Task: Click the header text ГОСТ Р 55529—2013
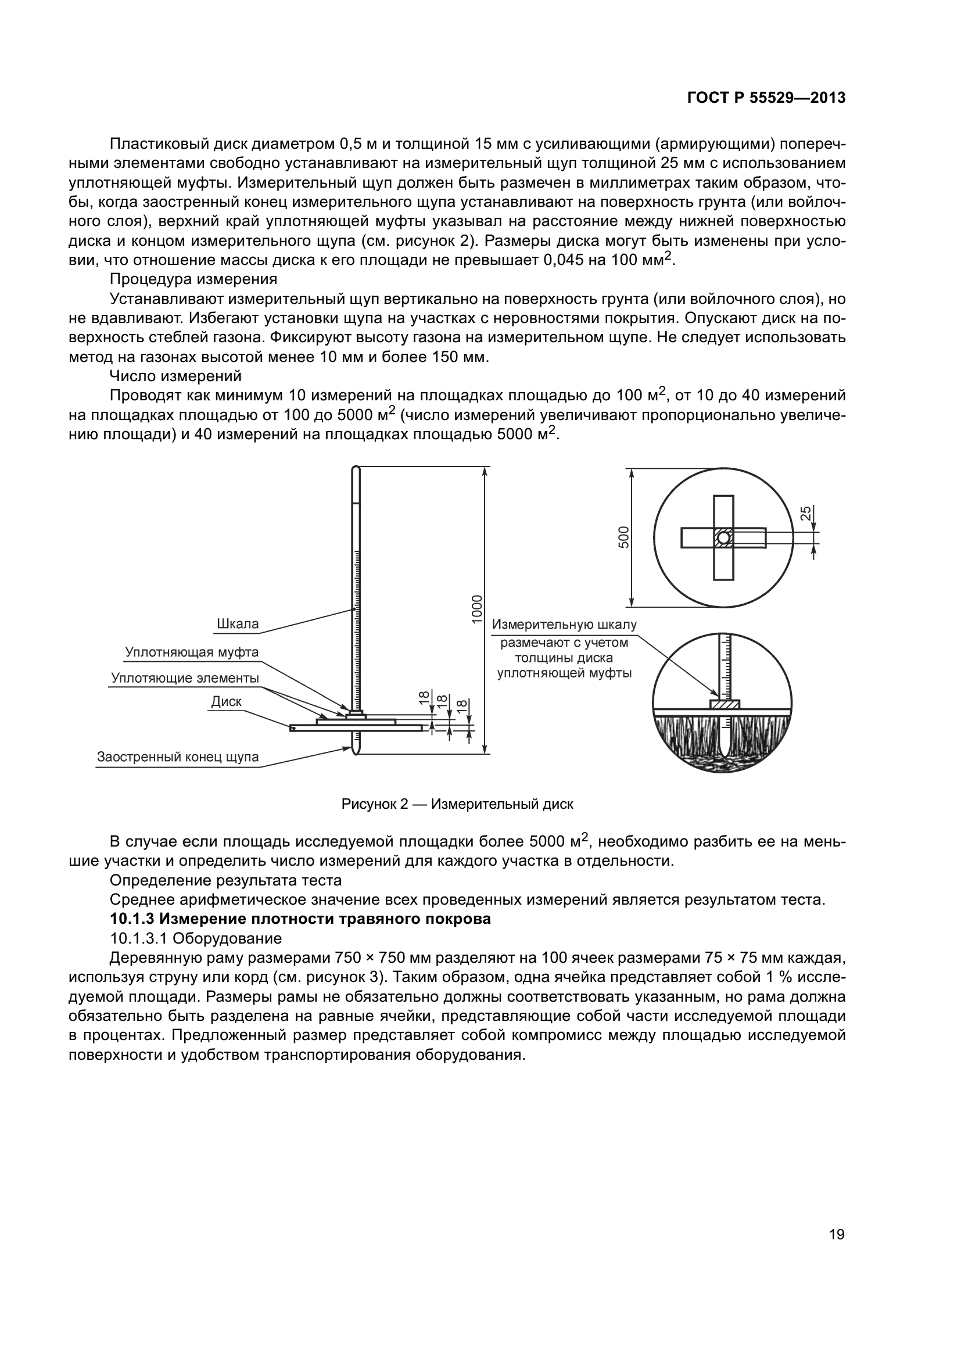pos(766,98)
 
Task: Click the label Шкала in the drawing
pos(238,624)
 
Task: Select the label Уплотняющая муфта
pos(192,652)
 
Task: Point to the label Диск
pos(227,701)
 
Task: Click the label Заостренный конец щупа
pos(178,757)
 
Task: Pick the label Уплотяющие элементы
pos(185,677)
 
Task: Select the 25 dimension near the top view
pos(806,513)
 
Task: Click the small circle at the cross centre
pos(724,537)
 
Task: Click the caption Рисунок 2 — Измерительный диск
pos(457,804)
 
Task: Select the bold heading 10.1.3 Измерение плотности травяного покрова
pos(300,919)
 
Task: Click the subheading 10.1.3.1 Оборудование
pos(196,939)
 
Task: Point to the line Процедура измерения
pos(193,279)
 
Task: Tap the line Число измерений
pos(175,376)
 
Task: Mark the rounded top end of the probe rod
pos(355,469)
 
